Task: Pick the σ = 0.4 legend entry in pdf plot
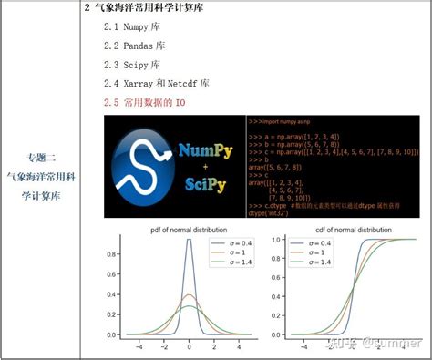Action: pos(232,243)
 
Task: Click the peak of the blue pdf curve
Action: pos(189,240)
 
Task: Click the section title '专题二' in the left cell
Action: pos(41,158)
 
